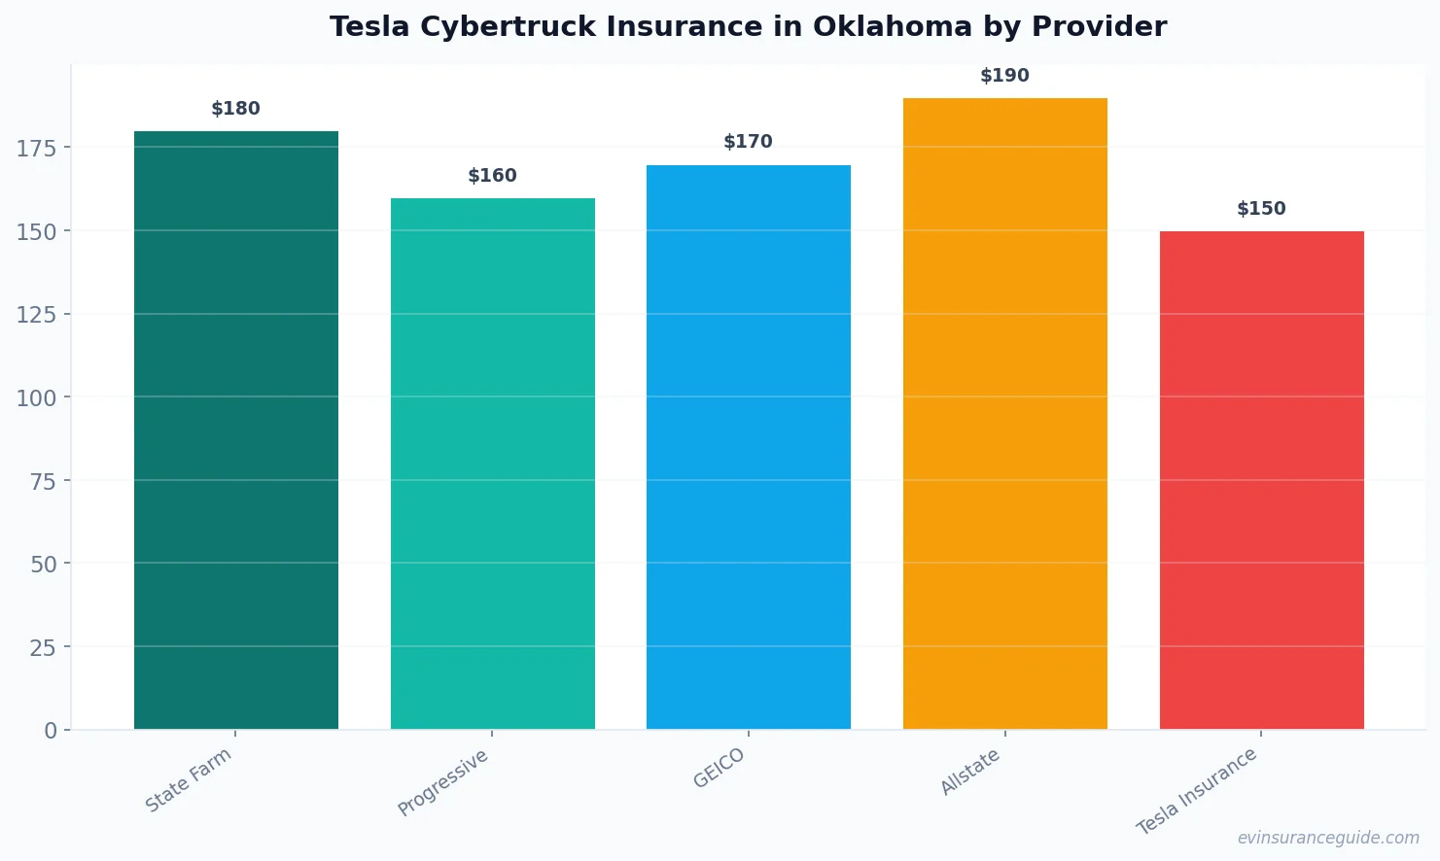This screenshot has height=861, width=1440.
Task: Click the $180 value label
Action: coord(236,109)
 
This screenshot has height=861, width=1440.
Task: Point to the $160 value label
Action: coord(492,176)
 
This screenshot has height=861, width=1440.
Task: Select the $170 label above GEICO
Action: coord(749,142)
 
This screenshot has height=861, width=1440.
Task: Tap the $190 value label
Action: coord(1004,76)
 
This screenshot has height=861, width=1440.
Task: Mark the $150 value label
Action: coord(1261,209)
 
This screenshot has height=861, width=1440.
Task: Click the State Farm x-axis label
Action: coord(189,779)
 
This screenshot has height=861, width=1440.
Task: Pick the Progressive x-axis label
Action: coord(443,782)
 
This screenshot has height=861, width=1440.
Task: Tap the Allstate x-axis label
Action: coord(969,773)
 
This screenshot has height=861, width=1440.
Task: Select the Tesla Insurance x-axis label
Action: coord(1197,791)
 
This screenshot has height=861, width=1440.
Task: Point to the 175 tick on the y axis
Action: coord(37,148)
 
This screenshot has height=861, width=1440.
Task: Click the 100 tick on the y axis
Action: coord(37,397)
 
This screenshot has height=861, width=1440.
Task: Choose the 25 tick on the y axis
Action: coord(43,647)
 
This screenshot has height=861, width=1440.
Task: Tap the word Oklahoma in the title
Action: coord(893,27)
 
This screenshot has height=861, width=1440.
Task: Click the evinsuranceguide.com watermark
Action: coord(1328,838)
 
